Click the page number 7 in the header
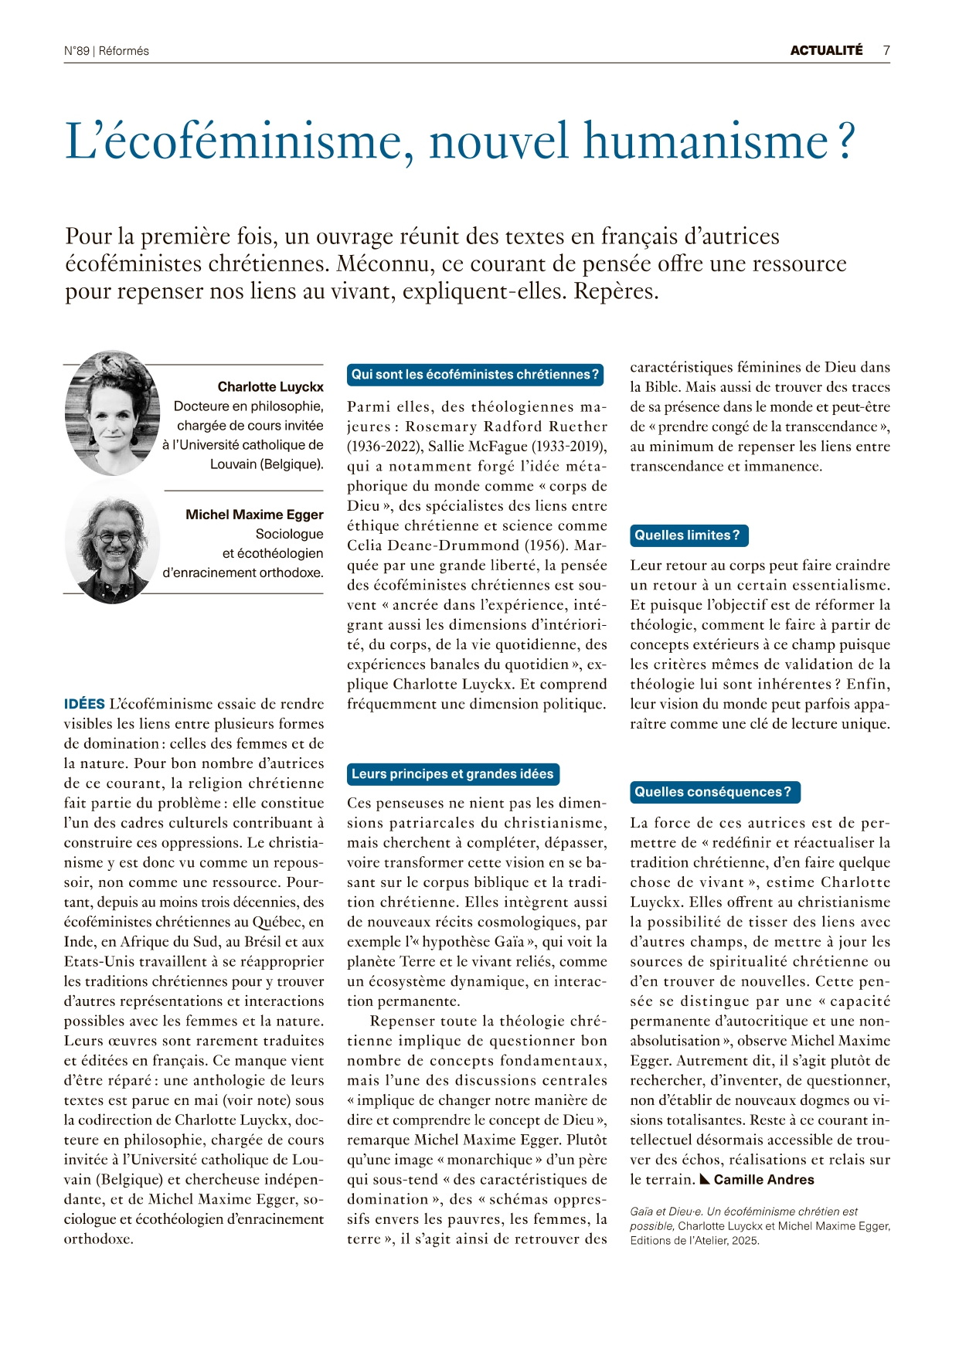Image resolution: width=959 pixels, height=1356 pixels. [x=886, y=50]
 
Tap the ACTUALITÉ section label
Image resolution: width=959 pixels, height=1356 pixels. [x=826, y=50]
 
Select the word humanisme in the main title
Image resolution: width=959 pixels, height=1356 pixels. [x=706, y=141]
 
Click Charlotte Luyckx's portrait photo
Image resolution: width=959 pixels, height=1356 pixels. [x=113, y=413]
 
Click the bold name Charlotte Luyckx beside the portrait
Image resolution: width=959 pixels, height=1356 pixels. [x=270, y=386]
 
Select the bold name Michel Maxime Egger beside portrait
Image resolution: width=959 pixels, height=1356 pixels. [x=254, y=515]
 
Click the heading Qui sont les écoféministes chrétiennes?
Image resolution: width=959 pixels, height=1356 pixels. [x=474, y=375]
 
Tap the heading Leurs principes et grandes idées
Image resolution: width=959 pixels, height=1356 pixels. [x=452, y=774]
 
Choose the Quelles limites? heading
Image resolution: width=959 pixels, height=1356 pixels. [x=688, y=535]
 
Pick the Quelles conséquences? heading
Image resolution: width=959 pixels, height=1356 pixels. [x=713, y=792]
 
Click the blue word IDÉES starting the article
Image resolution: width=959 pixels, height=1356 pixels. [x=84, y=704]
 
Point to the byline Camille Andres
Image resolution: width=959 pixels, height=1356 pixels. [x=763, y=1180]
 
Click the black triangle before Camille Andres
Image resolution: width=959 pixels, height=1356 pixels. [x=705, y=1180]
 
